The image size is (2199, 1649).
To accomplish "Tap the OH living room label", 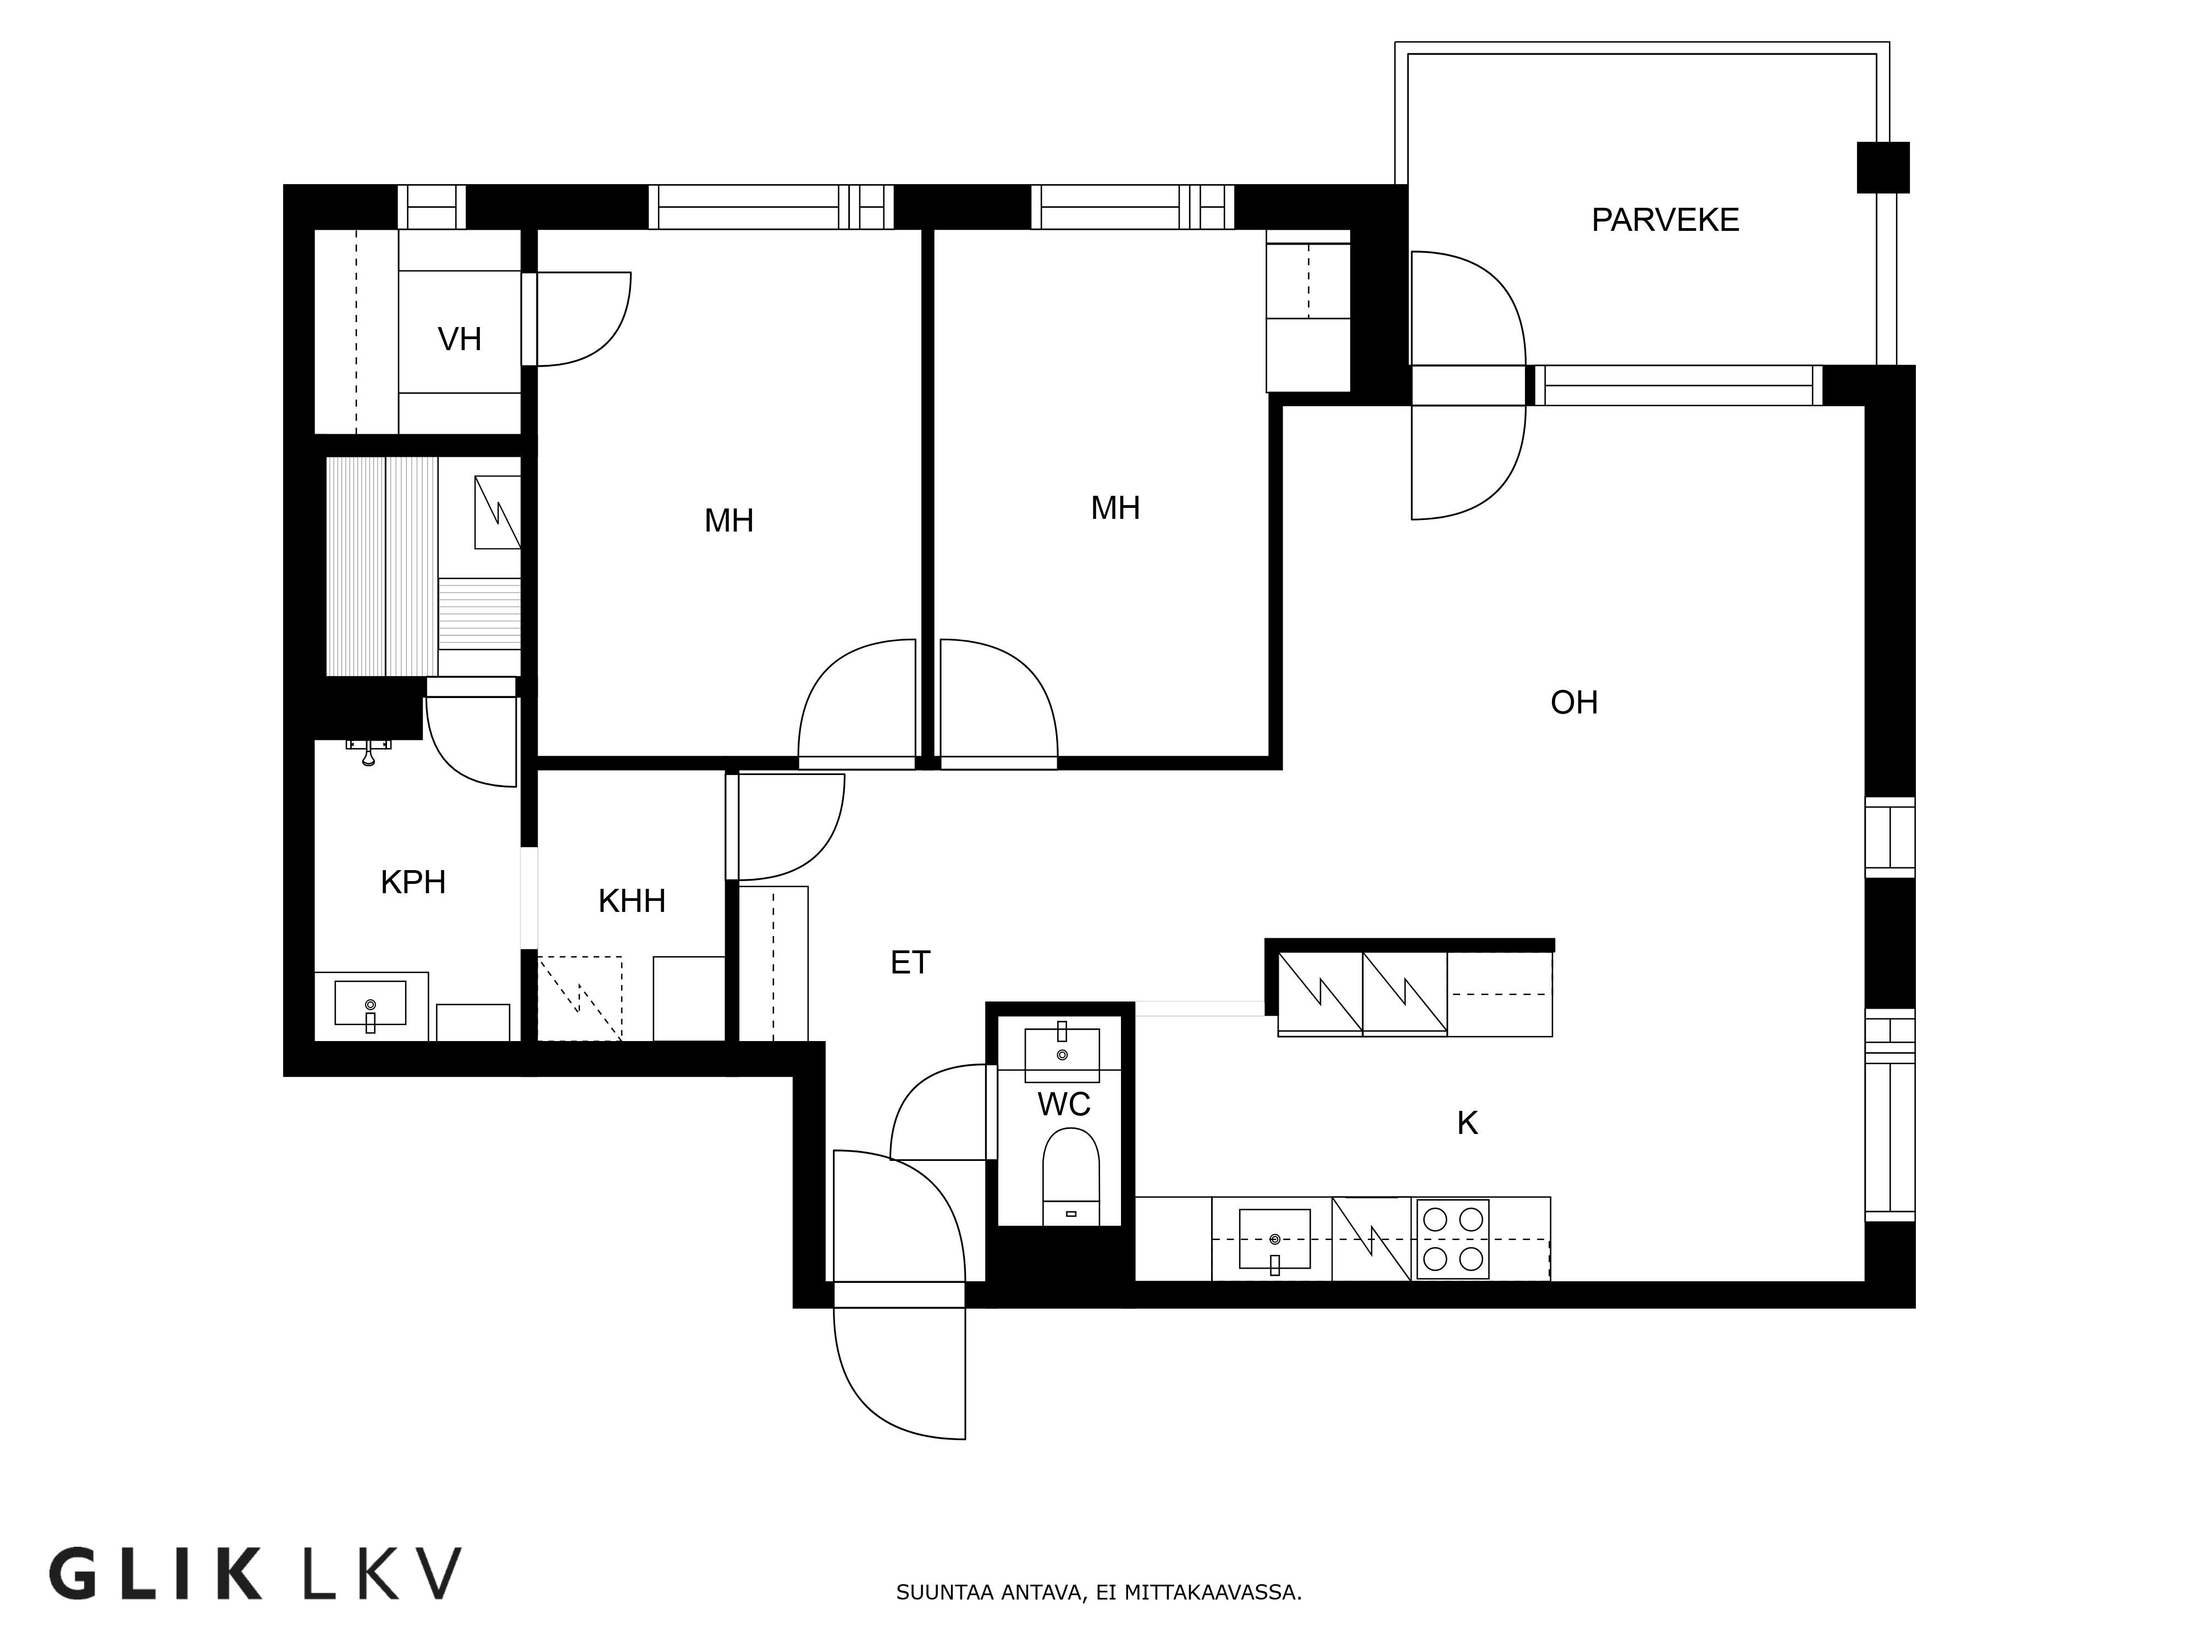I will pos(1574,702).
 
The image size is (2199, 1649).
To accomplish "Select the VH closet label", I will pos(459,339).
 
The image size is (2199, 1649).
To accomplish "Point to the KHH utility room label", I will pos(631,900).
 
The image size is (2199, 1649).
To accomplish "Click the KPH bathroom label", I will pos(412,882).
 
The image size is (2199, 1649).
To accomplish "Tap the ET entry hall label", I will pos(910,962).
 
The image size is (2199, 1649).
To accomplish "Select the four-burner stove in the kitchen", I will pos(1452,1238).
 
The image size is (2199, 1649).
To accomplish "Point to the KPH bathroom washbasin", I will pos(370,1004).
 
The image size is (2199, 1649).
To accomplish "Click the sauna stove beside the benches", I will pos(497,512).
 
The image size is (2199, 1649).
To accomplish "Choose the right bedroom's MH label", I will pos(1114,508).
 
